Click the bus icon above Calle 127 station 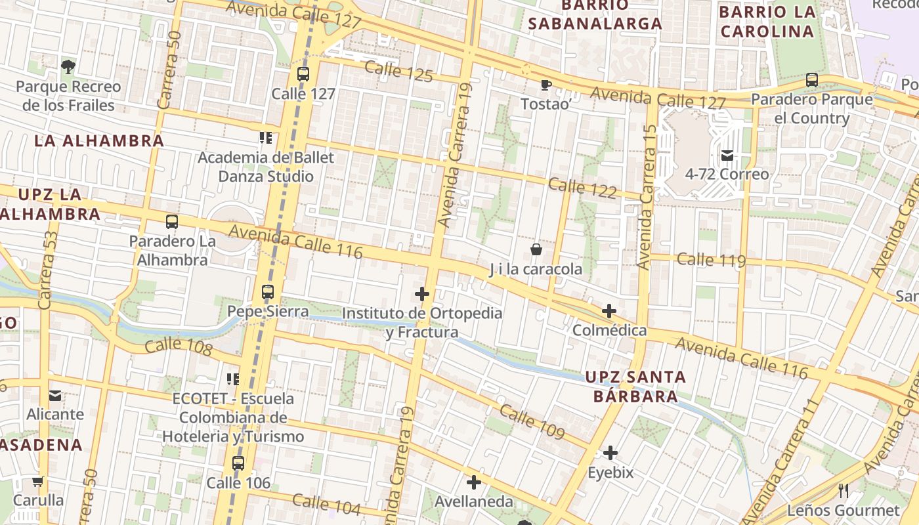[x=303, y=74]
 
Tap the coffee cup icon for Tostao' [x=545, y=85]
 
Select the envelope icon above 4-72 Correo [x=727, y=156]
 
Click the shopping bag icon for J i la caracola [x=536, y=249]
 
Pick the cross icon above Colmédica [x=609, y=310]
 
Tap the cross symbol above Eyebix [x=610, y=453]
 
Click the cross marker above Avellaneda [x=473, y=482]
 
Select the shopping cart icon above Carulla [x=38, y=481]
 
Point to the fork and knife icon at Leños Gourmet [x=844, y=490]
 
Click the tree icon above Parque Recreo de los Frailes [x=68, y=66]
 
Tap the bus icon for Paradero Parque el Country [x=812, y=80]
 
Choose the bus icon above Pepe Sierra [x=268, y=292]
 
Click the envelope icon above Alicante [x=55, y=395]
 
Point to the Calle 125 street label [x=398, y=72]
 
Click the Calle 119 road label [x=711, y=260]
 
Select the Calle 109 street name [x=532, y=422]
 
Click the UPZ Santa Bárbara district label [x=635, y=387]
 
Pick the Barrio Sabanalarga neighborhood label [x=595, y=14]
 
